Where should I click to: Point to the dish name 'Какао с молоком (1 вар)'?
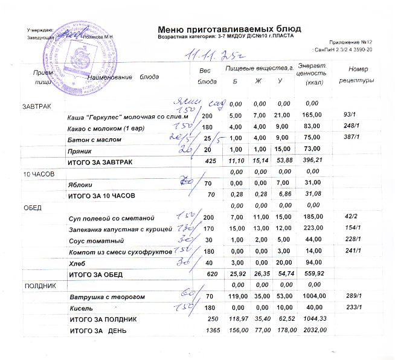(x=103, y=129)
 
